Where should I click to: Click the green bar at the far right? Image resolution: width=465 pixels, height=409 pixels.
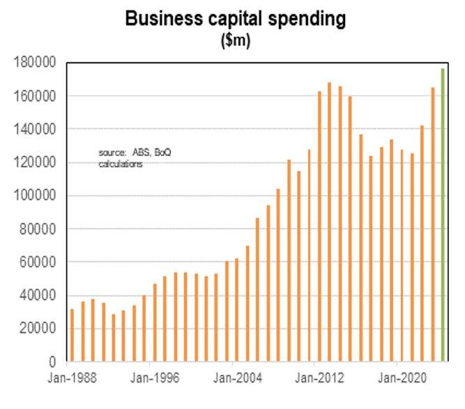pos(443,215)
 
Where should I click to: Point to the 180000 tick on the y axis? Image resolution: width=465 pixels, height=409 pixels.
pos(35,63)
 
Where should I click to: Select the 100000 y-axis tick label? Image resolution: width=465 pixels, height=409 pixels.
pos(35,196)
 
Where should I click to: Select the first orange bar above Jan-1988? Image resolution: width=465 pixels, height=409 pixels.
pos(72,335)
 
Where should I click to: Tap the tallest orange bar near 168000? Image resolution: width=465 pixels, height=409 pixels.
pos(329,222)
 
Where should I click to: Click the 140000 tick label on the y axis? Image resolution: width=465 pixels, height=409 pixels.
pos(35,129)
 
